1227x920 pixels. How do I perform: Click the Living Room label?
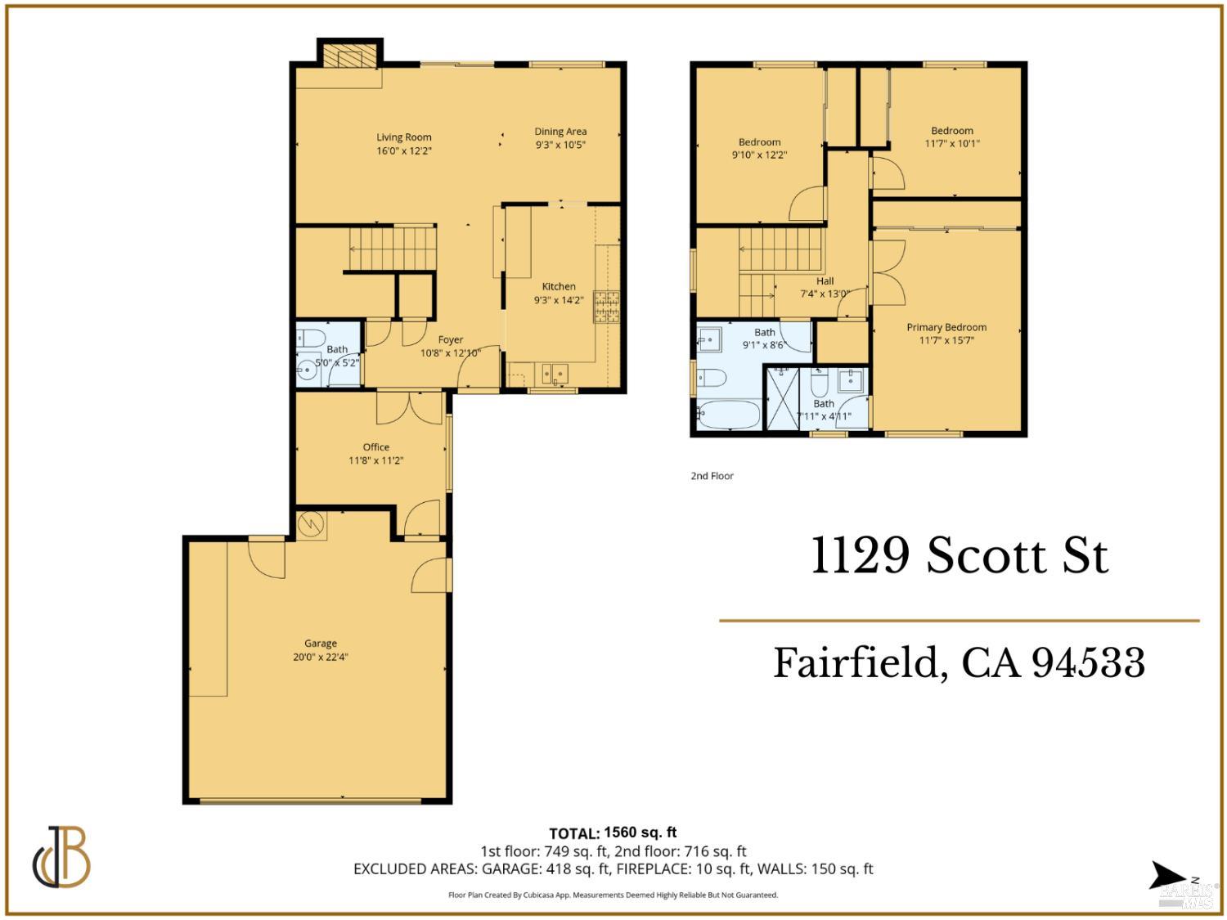(x=403, y=137)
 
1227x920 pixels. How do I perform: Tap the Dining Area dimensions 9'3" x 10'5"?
(x=560, y=145)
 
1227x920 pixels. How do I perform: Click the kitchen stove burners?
(x=607, y=307)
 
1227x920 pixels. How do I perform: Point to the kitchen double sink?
(x=554, y=374)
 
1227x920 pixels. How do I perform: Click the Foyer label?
(x=450, y=339)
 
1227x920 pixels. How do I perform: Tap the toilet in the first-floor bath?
(x=311, y=337)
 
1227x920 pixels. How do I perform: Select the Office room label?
(x=376, y=447)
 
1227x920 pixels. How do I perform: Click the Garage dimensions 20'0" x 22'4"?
(x=321, y=657)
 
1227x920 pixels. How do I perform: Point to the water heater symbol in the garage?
(x=311, y=524)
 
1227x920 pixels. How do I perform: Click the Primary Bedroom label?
(x=946, y=327)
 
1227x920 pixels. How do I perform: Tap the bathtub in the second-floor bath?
(x=730, y=414)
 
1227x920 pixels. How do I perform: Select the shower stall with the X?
(x=780, y=398)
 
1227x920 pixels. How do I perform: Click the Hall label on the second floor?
(x=825, y=280)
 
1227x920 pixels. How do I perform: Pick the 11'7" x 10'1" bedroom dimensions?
(x=952, y=143)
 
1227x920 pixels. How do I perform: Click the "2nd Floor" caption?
(x=712, y=476)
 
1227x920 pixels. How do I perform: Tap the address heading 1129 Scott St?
(x=959, y=556)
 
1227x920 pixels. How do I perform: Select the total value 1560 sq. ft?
(x=640, y=832)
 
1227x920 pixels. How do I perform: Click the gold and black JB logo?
(x=62, y=857)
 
